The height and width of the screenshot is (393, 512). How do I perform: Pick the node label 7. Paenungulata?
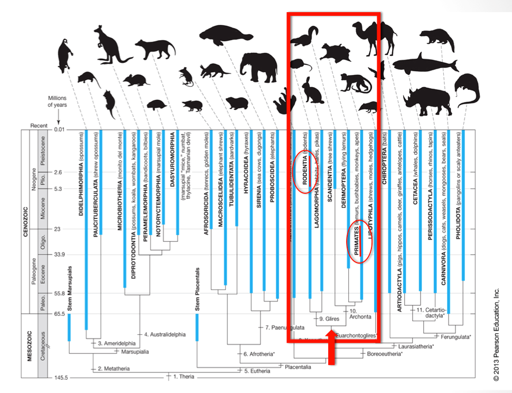pyautogui.click(x=278, y=327)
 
